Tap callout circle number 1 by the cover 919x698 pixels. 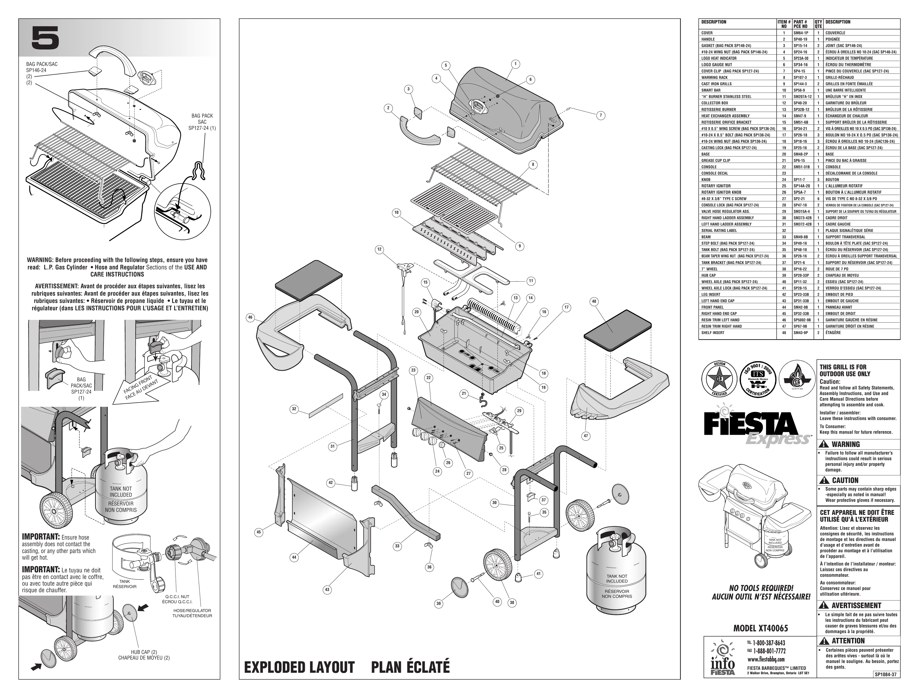click(515, 64)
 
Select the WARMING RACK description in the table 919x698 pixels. click(715, 78)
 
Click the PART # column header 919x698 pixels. click(801, 24)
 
